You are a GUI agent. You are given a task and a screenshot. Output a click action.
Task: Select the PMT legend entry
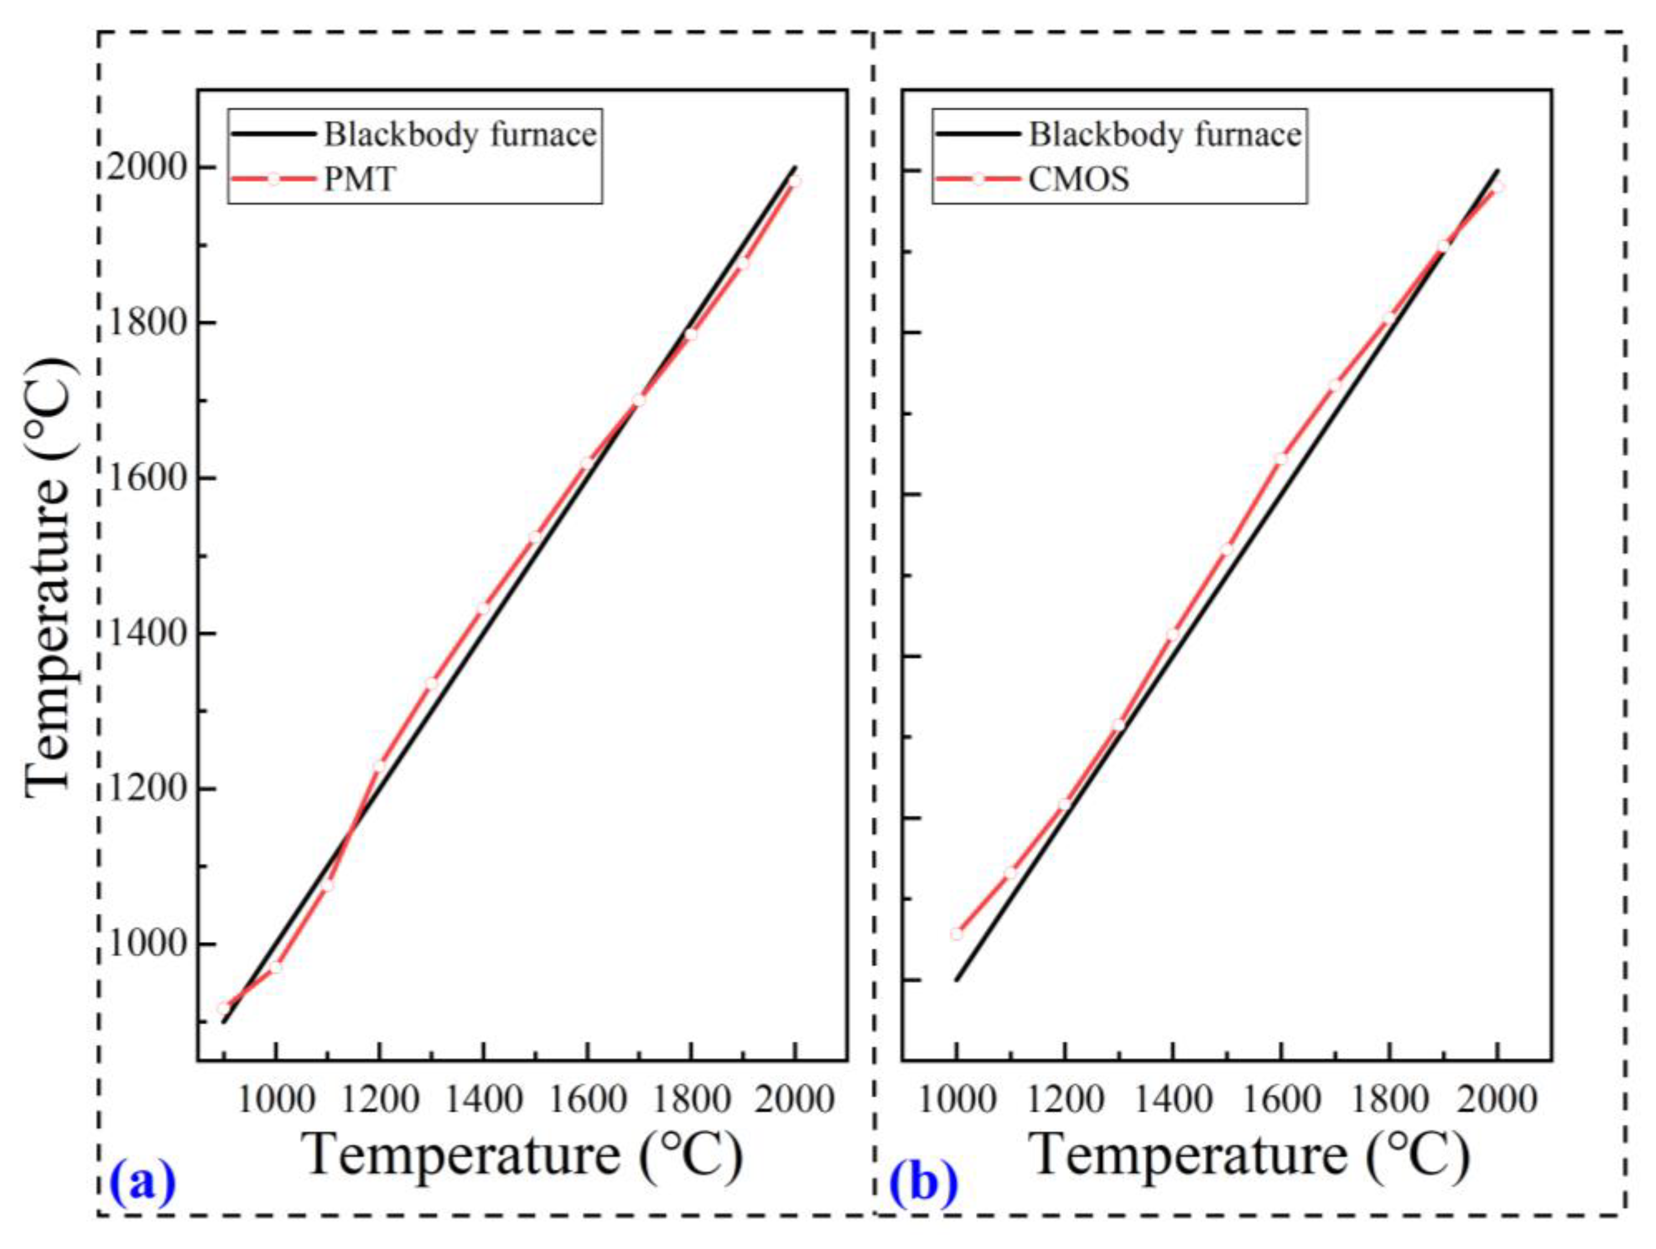click(359, 180)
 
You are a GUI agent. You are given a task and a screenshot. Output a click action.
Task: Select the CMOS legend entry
click(1078, 180)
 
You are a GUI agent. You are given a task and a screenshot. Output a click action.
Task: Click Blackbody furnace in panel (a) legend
click(460, 136)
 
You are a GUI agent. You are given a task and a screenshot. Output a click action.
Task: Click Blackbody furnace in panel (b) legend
click(1165, 136)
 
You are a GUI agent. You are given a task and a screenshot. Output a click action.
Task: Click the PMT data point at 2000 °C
click(795, 180)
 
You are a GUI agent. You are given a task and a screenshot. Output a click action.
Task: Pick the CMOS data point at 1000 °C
click(957, 934)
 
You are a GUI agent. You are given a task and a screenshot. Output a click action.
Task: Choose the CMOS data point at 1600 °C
click(1280, 459)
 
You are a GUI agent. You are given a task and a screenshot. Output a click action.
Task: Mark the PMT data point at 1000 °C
click(276, 967)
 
